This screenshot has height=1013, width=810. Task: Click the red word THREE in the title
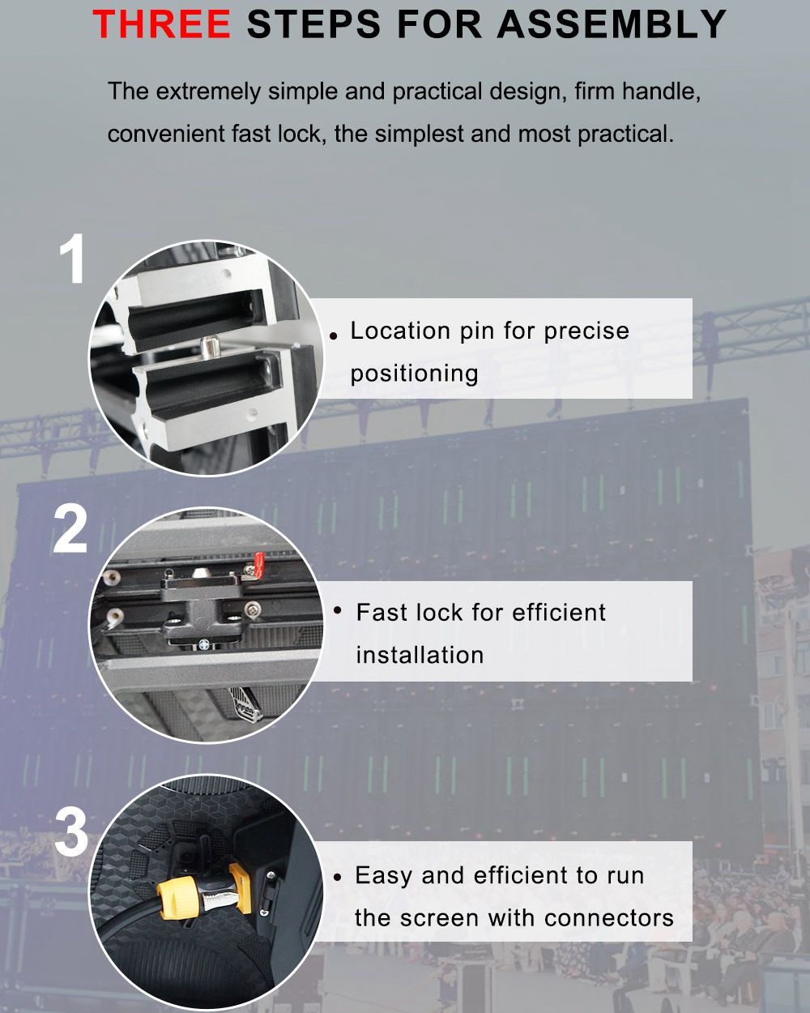(161, 24)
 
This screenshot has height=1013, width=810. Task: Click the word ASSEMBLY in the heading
(612, 24)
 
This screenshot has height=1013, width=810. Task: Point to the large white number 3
(71, 831)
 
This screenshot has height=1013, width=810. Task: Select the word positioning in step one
(414, 374)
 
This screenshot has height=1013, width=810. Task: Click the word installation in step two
(420, 655)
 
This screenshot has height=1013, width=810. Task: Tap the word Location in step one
(400, 331)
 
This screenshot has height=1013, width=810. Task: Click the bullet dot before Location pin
(334, 336)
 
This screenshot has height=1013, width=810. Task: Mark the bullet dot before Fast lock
(337, 610)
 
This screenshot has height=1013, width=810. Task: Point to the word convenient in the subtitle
(166, 135)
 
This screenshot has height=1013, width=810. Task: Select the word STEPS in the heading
(313, 24)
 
